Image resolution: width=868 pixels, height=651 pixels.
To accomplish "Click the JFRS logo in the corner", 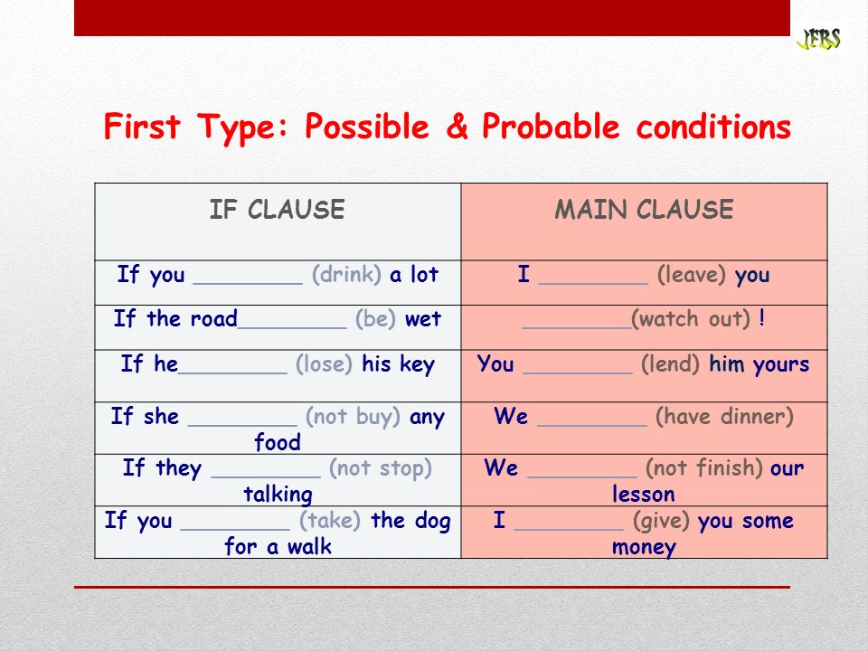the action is click(819, 39).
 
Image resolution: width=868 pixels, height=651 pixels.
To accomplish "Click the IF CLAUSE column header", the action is click(277, 210).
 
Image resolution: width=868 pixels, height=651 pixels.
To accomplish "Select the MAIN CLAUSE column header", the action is click(644, 210).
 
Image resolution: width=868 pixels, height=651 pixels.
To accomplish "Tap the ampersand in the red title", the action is click(457, 127).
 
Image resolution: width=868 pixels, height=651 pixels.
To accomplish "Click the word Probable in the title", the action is click(551, 127).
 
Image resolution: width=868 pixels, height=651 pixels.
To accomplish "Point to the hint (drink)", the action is click(346, 275).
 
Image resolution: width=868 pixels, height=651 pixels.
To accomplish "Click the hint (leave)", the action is click(692, 275).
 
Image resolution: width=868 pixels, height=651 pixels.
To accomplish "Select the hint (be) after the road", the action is click(375, 319).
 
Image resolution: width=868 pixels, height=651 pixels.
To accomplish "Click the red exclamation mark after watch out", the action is click(761, 317).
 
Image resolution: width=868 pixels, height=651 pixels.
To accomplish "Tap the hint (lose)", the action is click(324, 364).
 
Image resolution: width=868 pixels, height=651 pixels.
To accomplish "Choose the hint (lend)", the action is click(670, 364).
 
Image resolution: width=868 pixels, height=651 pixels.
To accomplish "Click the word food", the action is click(278, 442).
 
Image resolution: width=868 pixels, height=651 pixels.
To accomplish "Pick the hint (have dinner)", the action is click(724, 416).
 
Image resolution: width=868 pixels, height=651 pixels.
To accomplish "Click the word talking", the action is click(278, 495).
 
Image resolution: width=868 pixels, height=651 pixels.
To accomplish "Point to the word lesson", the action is click(643, 494).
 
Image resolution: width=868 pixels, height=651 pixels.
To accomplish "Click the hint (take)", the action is click(330, 521).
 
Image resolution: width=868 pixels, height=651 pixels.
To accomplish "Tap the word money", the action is click(644, 547).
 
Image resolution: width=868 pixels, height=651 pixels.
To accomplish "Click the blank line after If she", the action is click(242, 426).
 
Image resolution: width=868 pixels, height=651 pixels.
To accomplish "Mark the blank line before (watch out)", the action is click(576, 328).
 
